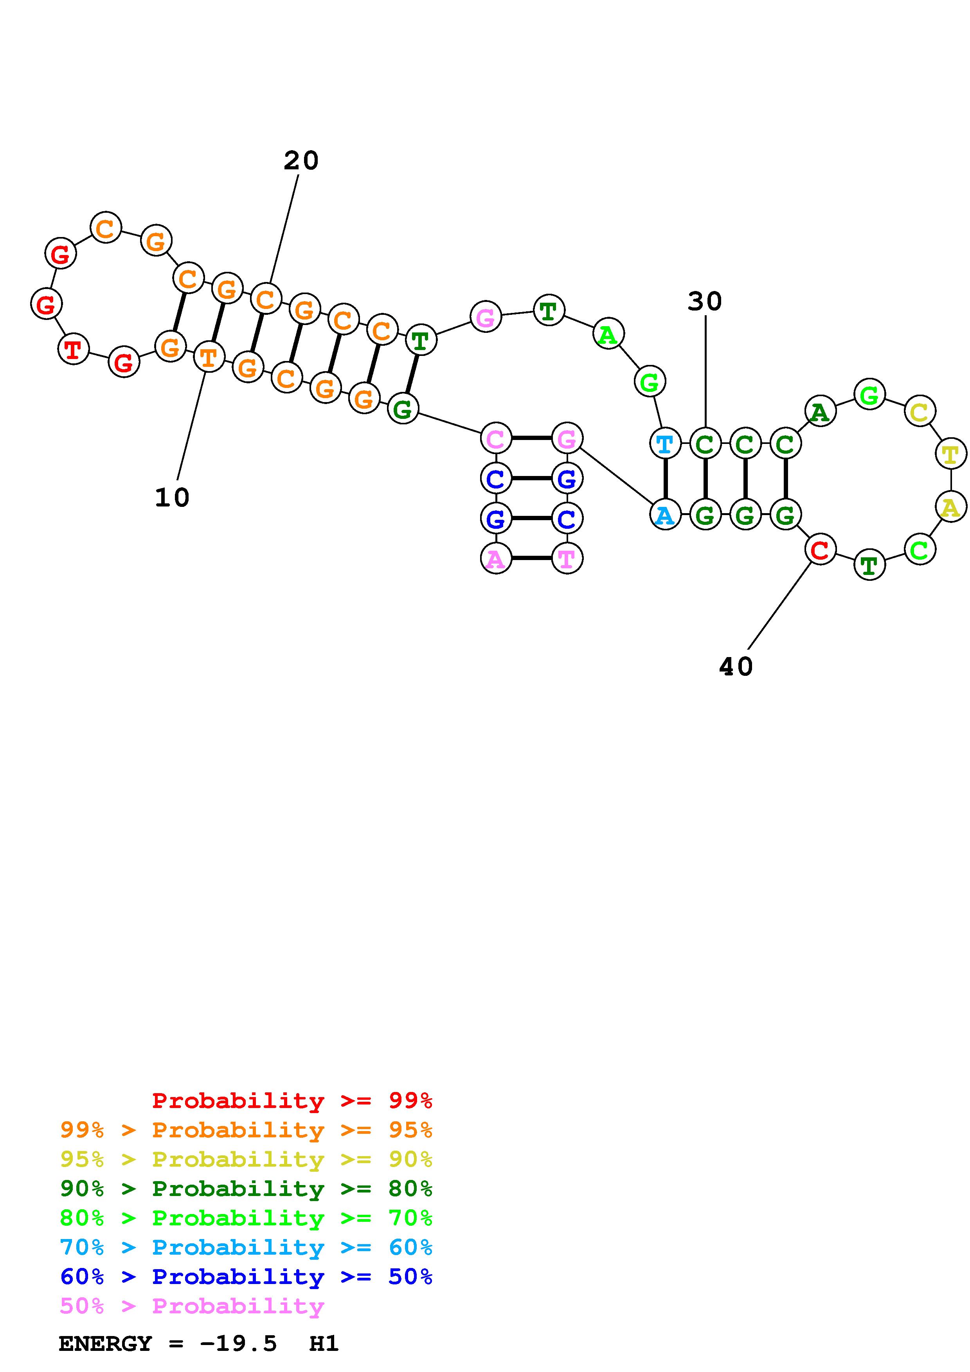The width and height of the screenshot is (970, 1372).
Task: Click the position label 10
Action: pos(172,497)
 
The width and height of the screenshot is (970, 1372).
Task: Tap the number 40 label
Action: pos(736,666)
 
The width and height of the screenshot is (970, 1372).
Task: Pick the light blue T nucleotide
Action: pos(664,444)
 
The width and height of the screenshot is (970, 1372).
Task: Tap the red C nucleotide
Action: pos(820,549)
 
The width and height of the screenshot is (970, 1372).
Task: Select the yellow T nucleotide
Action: pos(950,455)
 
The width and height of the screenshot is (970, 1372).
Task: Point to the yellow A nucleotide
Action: pos(950,507)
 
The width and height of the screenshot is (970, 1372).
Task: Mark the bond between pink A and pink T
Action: pos(531,558)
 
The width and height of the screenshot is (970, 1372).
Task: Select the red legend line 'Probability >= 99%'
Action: pos(292,1100)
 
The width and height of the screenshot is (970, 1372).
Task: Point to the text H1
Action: pos(324,1344)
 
